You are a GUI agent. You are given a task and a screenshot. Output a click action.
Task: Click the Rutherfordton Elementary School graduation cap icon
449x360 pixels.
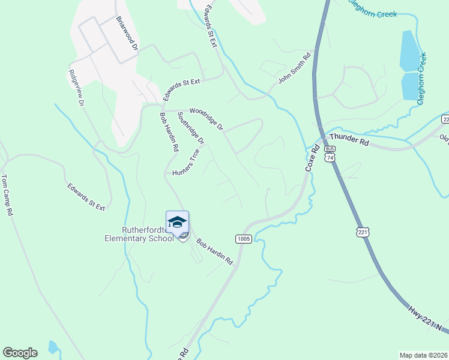coord(177,223)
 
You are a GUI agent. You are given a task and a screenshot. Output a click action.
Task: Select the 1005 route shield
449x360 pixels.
coord(243,238)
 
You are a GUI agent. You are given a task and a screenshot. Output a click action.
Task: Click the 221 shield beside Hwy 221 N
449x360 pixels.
coord(362,232)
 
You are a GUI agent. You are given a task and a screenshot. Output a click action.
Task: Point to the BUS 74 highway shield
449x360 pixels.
coord(329,153)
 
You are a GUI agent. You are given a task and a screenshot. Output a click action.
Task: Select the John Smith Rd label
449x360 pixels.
coord(294,69)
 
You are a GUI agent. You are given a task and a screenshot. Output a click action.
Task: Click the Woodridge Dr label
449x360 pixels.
coord(206,118)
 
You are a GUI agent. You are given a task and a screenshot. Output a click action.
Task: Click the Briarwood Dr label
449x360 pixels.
coord(127,34)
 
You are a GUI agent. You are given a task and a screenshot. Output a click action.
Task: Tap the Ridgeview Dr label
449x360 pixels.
coord(75,87)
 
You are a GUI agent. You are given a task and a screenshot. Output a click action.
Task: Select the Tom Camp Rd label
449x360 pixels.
coord(7,195)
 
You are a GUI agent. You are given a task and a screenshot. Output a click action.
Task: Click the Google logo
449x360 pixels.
coord(20,353)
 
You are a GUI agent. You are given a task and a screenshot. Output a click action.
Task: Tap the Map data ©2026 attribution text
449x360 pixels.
coord(423,355)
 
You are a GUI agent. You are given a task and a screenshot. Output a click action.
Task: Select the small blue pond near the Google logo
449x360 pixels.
coord(53,346)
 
